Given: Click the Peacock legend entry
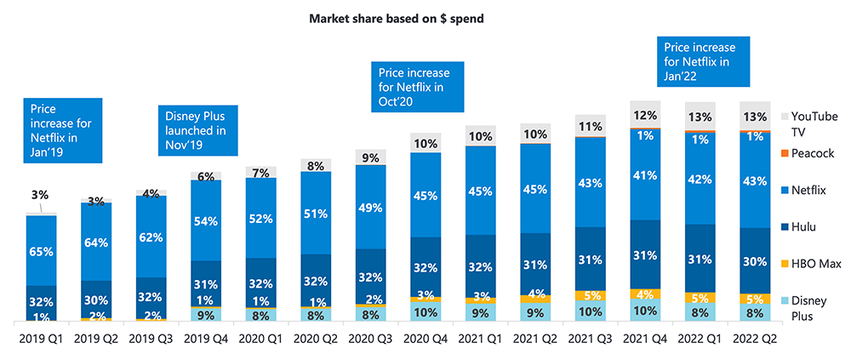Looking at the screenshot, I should coord(812,154).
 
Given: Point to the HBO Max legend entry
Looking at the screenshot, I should coord(814,265).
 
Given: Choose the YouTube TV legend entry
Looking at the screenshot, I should coord(813,123).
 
